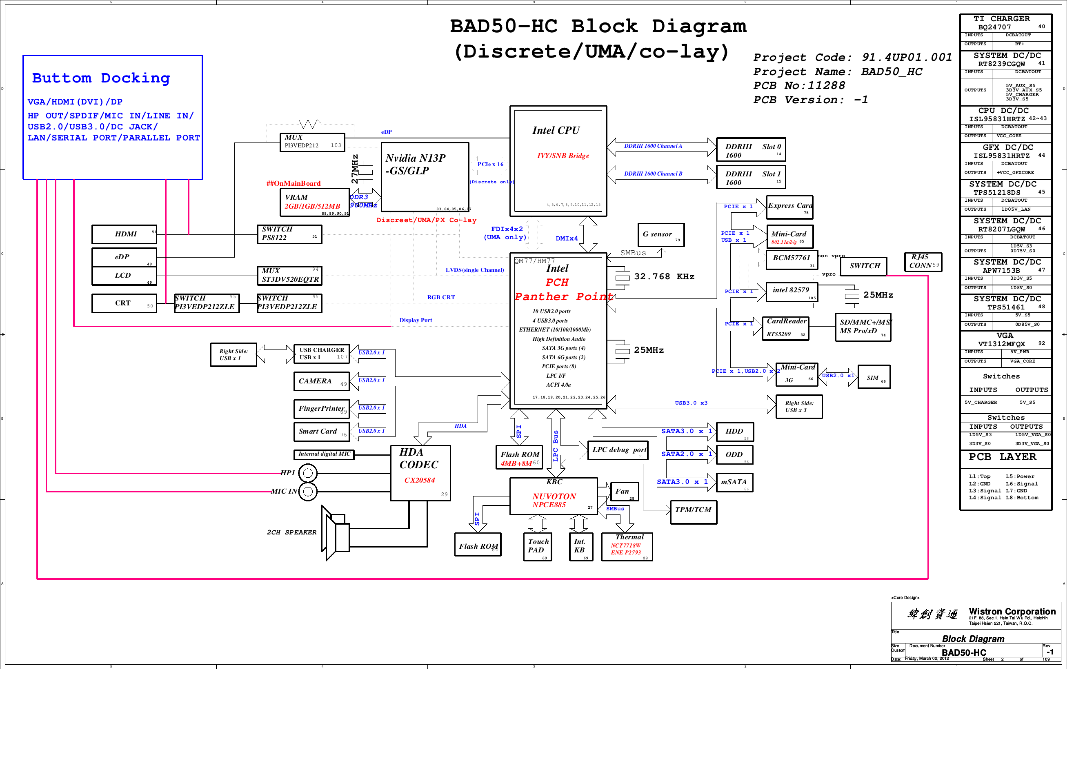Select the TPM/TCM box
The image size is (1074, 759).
(693, 512)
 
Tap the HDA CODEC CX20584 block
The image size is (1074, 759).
(420, 473)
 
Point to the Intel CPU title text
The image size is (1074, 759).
(556, 131)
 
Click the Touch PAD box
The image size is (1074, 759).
(538, 547)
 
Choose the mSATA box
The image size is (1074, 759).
(734, 483)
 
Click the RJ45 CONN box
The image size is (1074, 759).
(923, 262)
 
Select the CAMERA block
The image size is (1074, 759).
(321, 381)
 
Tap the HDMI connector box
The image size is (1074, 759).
(125, 234)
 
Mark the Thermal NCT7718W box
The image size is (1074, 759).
(627, 547)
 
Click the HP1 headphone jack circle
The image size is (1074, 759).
(308, 473)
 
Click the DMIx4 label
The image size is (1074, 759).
(567, 239)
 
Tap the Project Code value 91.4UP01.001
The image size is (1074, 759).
(907, 58)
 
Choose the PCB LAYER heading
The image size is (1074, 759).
(1002, 457)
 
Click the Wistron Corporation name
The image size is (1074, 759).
(1012, 612)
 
